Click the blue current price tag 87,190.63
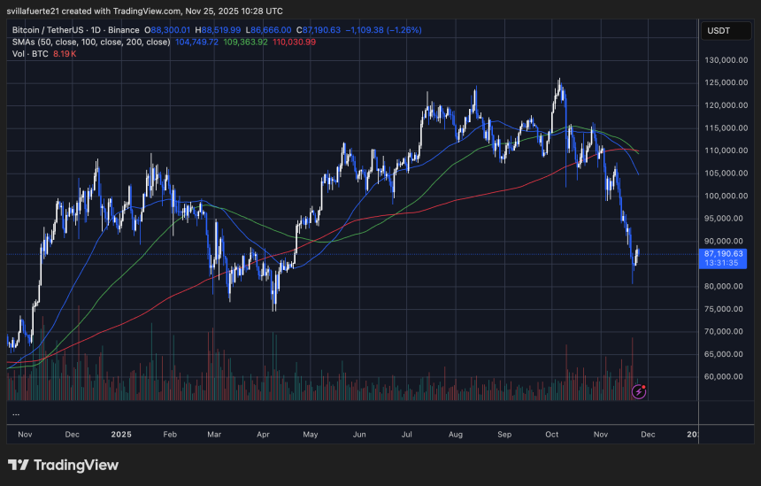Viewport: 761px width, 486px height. tap(723, 253)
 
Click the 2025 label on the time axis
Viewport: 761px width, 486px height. tap(121, 435)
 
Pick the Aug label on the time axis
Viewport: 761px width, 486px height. tap(456, 435)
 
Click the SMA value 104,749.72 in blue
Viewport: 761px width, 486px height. tap(198, 41)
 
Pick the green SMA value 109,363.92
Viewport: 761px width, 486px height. tap(248, 41)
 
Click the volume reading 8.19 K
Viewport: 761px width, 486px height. tap(65, 53)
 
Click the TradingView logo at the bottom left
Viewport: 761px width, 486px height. tap(63, 465)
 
